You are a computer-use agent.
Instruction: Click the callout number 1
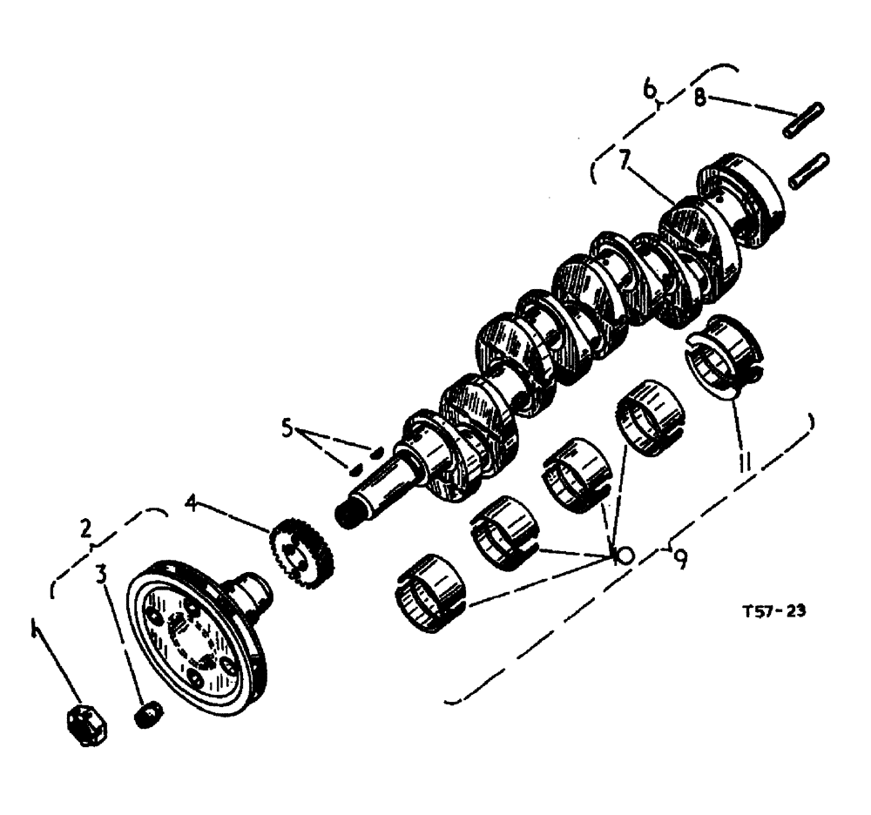pos(34,627)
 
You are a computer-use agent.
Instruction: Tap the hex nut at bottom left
pos(86,724)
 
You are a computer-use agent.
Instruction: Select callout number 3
pos(102,575)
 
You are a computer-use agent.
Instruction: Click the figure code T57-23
pos(768,611)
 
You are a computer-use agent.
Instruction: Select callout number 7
pos(623,162)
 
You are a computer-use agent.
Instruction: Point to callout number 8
pos(699,96)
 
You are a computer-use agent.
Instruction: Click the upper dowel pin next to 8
pos(806,119)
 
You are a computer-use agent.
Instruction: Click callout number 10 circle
pos(622,556)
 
